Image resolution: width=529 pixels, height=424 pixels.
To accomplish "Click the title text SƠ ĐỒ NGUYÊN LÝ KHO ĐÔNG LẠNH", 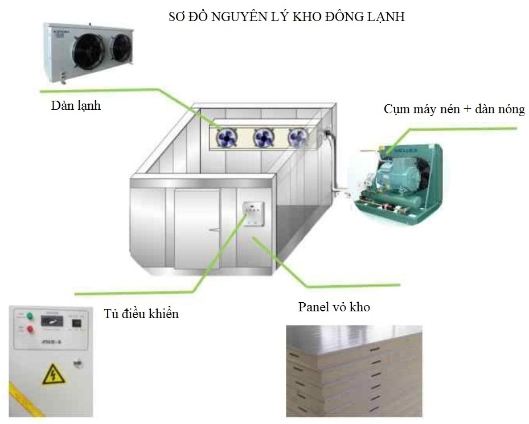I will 286,17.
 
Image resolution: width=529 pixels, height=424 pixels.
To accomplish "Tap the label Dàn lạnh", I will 75,105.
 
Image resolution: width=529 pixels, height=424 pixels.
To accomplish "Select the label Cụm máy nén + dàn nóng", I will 454,109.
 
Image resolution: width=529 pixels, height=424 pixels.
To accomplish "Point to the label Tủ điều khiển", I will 142,313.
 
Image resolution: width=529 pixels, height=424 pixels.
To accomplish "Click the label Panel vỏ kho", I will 334,307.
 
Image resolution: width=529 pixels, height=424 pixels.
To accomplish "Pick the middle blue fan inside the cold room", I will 264,137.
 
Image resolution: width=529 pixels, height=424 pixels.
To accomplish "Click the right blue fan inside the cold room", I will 298,137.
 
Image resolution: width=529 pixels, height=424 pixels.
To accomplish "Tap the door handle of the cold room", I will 214,229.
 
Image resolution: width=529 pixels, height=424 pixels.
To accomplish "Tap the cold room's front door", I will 197,229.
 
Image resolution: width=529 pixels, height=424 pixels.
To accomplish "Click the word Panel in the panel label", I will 314,307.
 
